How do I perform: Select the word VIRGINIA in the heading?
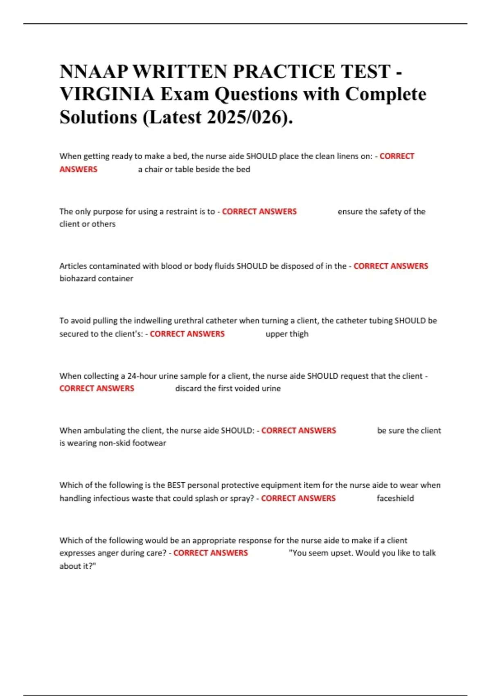pos(107,95)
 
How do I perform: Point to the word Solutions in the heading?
pos(98,118)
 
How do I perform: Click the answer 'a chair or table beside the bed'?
pos(194,169)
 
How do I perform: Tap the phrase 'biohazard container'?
pos(96,278)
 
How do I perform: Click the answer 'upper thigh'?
pos(287,334)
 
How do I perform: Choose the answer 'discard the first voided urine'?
pos(228,389)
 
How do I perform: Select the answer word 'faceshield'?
pos(395,498)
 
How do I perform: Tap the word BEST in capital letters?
pos(176,485)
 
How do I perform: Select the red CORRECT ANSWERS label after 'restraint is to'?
pos(259,212)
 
